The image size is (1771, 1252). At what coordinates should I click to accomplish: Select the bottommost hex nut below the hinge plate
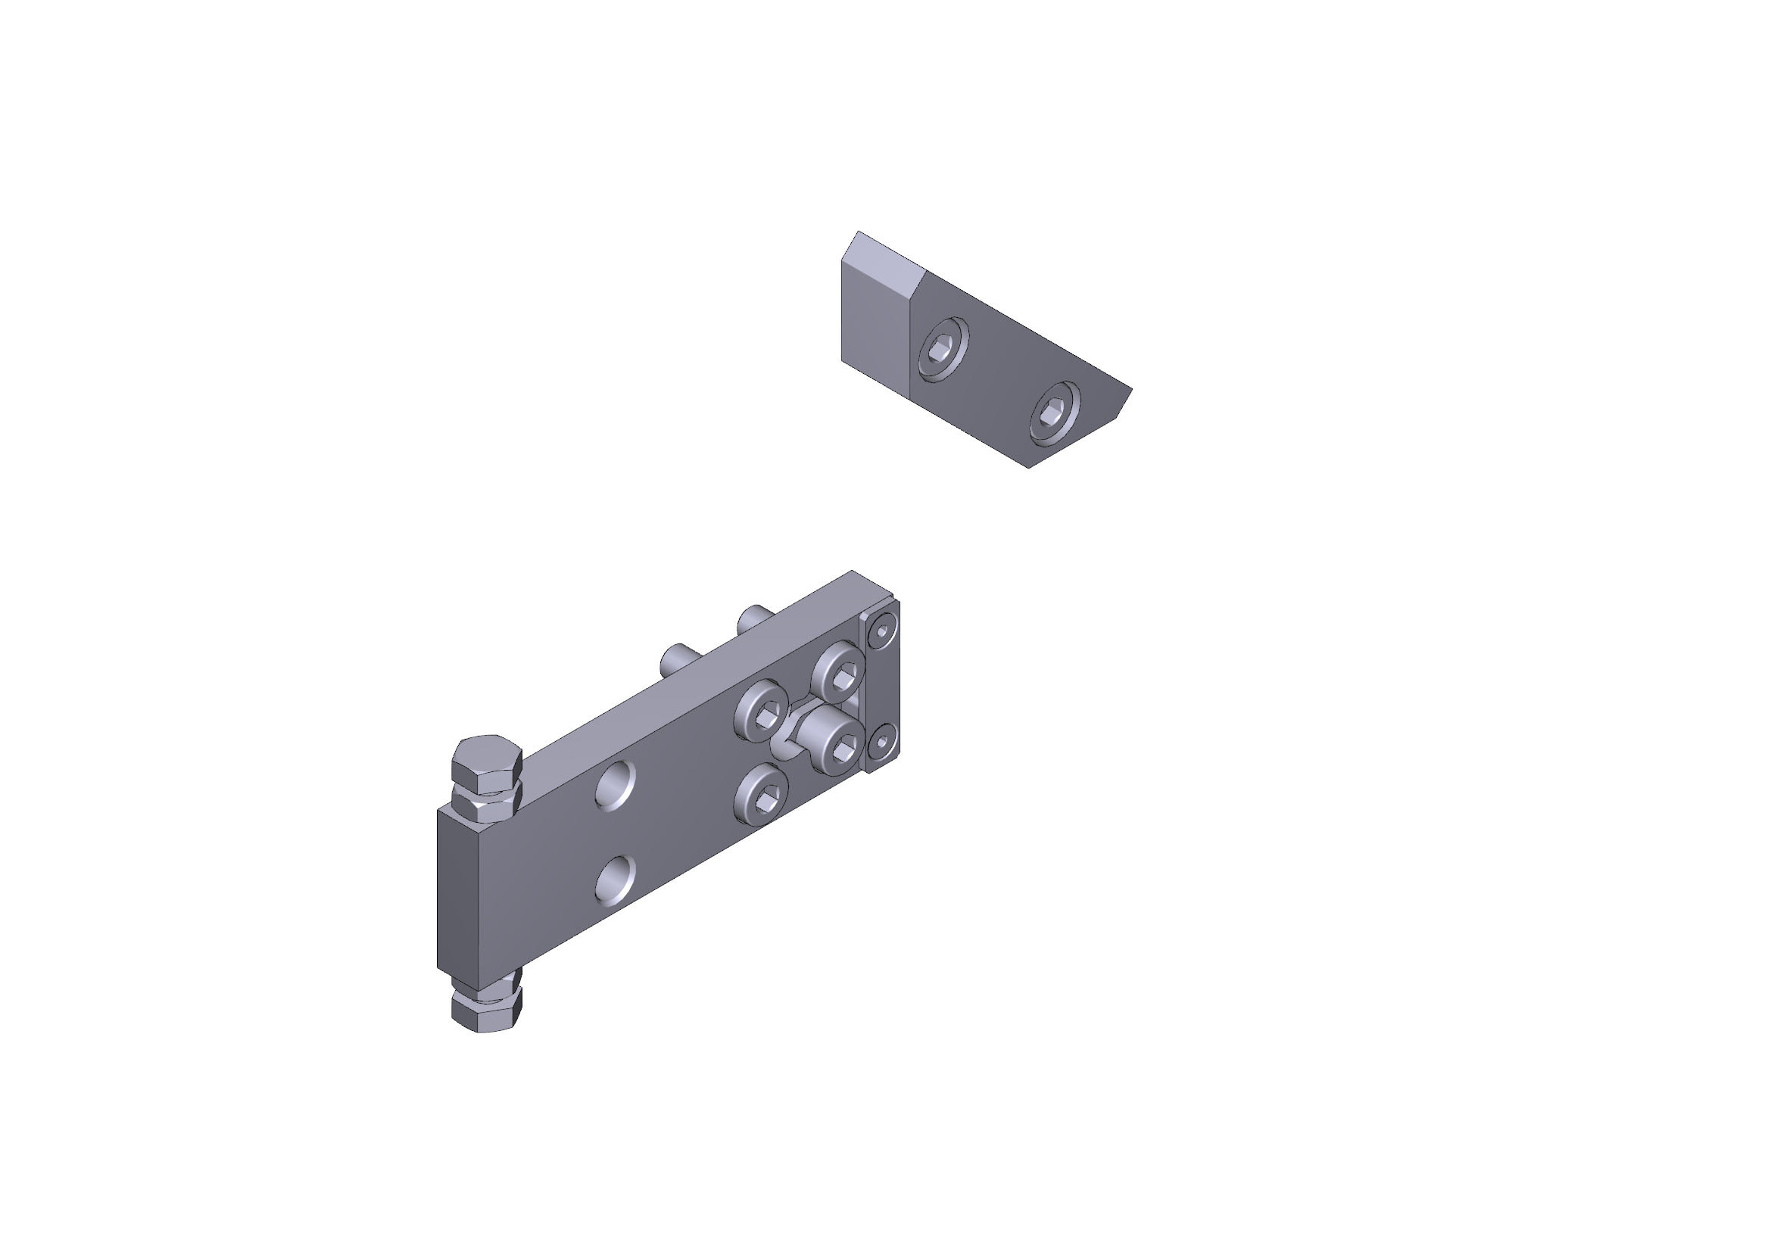(x=487, y=1014)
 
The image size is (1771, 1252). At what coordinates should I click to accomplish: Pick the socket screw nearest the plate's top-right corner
(x=838, y=669)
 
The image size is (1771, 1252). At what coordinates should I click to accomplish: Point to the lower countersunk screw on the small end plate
(x=881, y=744)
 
